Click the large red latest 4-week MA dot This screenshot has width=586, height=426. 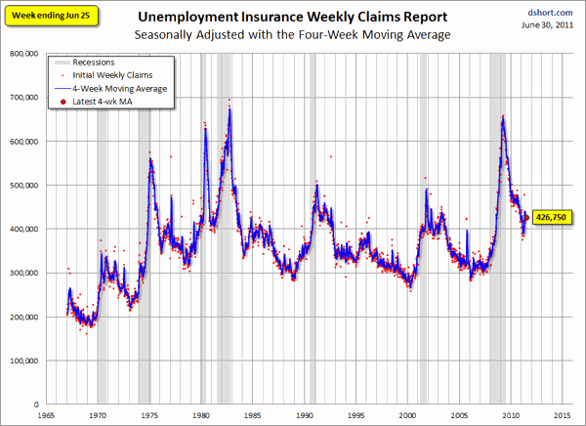point(526,218)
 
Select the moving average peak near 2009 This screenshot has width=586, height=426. point(503,119)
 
